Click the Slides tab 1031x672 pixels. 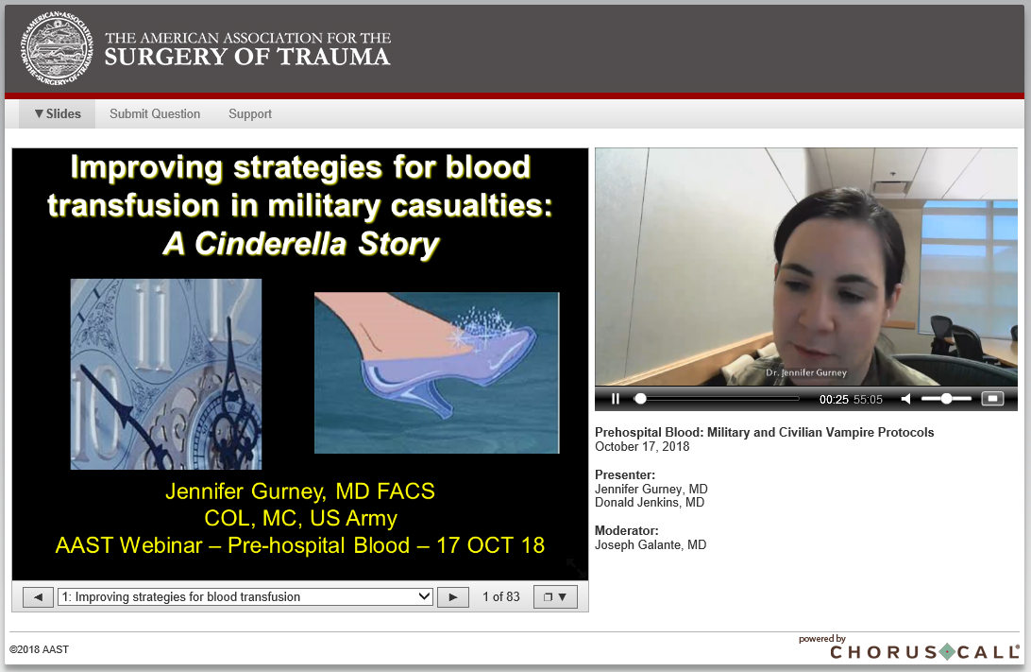pos(58,113)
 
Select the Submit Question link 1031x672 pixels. pos(155,113)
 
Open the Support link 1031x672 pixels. pos(250,113)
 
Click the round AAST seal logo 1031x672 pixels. pos(56,48)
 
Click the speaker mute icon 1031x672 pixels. pos(905,399)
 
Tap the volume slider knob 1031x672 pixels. pos(946,399)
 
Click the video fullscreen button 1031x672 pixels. pos(992,399)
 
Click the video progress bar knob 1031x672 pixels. pos(640,399)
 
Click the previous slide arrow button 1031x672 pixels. pos(38,597)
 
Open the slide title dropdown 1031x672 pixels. pos(245,597)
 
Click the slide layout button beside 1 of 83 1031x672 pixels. pos(555,597)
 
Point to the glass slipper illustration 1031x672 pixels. pos(436,372)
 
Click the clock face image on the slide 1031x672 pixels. pos(166,374)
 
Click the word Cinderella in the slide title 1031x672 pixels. pos(270,244)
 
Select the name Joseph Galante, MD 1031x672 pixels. pos(651,545)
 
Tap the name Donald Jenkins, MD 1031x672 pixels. pos(650,503)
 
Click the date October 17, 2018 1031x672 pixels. pos(642,447)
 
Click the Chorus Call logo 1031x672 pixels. pos(924,648)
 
